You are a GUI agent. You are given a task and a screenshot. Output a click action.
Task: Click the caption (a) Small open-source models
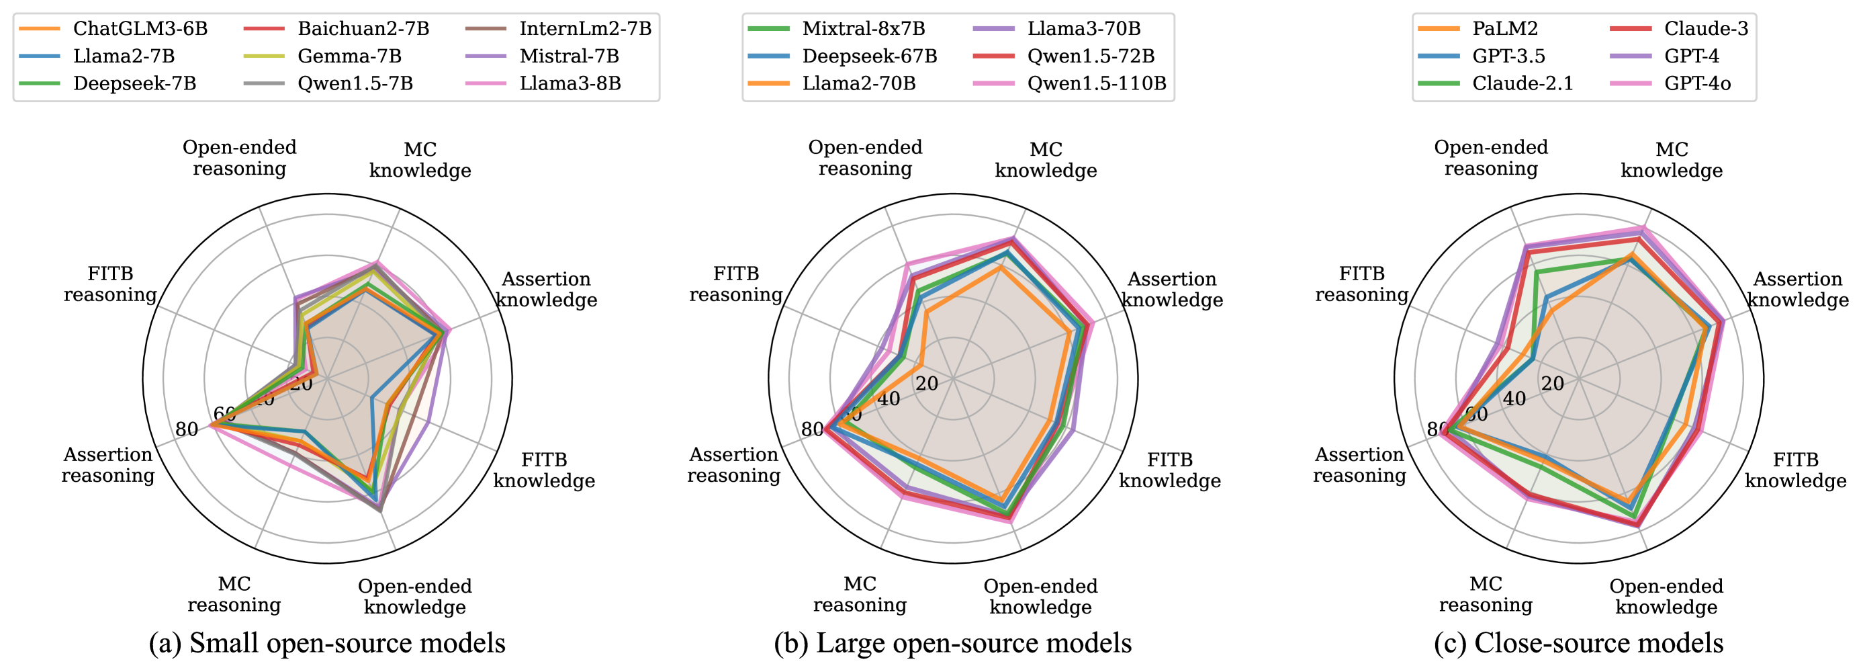click(327, 643)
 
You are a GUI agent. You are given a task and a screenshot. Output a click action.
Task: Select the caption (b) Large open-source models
click(952, 643)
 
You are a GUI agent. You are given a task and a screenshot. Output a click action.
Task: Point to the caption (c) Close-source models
click(1578, 643)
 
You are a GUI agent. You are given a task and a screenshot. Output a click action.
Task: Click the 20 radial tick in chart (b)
click(926, 384)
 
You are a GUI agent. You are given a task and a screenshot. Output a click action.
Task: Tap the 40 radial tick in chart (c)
click(1514, 398)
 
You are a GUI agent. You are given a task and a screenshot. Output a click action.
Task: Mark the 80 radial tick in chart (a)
click(187, 429)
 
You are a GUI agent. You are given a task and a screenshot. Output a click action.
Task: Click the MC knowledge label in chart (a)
click(420, 160)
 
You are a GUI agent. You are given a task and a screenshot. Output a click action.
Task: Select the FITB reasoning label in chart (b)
click(735, 284)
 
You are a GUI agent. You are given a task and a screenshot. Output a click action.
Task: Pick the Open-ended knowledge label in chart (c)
click(1666, 597)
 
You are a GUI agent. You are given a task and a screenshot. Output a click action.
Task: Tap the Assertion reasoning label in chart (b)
click(733, 465)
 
